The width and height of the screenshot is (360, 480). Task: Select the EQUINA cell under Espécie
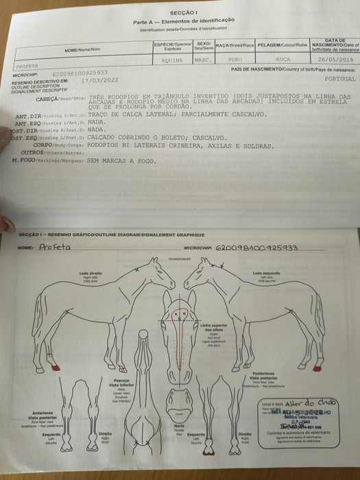[171, 60]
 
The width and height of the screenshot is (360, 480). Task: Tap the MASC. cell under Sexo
[203, 60]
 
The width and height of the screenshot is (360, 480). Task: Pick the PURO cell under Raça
[235, 60]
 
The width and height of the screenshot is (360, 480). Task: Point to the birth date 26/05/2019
[333, 60]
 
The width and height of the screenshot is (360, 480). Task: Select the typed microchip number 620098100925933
[80, 72]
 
